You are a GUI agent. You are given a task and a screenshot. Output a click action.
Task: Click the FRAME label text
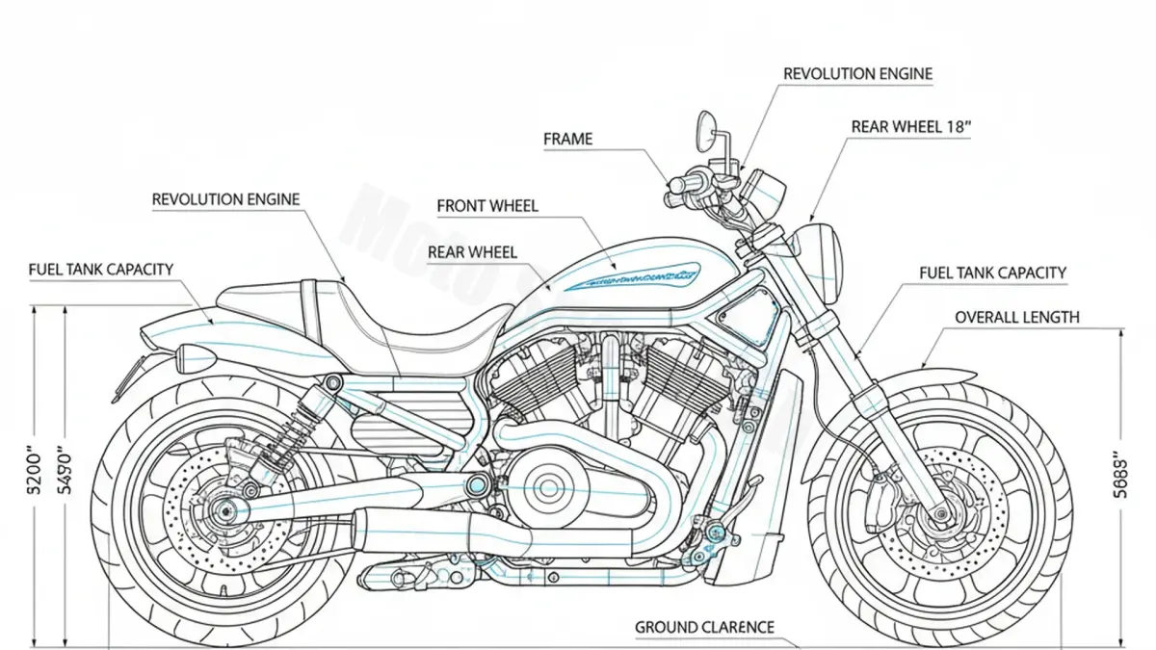tap(567, 140)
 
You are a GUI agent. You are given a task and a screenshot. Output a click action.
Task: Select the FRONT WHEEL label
tap(487, 206)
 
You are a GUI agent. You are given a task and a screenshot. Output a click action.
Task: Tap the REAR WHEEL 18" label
tap(909, 127)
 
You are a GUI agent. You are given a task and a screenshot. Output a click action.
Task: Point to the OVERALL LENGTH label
tap(1016, 317)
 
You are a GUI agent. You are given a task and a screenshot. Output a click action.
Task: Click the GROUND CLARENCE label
tap(704, 628)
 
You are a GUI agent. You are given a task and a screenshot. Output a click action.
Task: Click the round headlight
tap(824, 252)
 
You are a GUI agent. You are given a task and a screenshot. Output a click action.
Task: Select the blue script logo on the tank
tap(631, 277)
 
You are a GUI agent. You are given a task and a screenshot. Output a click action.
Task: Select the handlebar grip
tap(690, 183)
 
